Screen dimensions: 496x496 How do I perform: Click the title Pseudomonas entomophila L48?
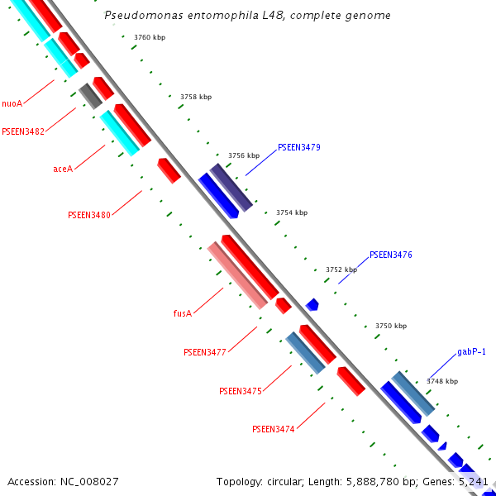tap(248, 16)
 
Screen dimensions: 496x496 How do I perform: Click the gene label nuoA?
tap(12, 103)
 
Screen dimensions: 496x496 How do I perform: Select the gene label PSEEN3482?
tap(23, 131)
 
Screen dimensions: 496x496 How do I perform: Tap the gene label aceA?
tap(63, 169)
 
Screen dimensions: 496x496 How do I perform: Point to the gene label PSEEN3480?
tap(89, 215)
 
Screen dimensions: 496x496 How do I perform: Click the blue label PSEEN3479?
tap(299, 147)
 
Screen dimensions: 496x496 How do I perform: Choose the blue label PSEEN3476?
tap(391, 255)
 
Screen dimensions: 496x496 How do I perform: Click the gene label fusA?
tap(183, 313)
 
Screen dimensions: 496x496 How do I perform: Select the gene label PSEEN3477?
tap(205, 352)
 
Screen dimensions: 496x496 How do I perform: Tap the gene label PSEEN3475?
tap(241, 391)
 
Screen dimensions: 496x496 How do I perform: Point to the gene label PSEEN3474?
tap(274, 429)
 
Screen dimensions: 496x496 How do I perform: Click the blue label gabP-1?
tap(471, 351)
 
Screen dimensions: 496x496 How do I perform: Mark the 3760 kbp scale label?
tap(150, 38)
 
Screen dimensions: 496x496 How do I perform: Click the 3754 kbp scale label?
tap(292, 212)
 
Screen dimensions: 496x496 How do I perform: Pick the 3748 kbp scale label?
tap(442, 381)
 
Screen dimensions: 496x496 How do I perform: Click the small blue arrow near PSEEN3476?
tap(312, 305)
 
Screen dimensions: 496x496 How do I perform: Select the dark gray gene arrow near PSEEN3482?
tap(90, 96)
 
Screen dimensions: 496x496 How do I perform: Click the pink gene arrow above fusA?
tap(237, 275)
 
